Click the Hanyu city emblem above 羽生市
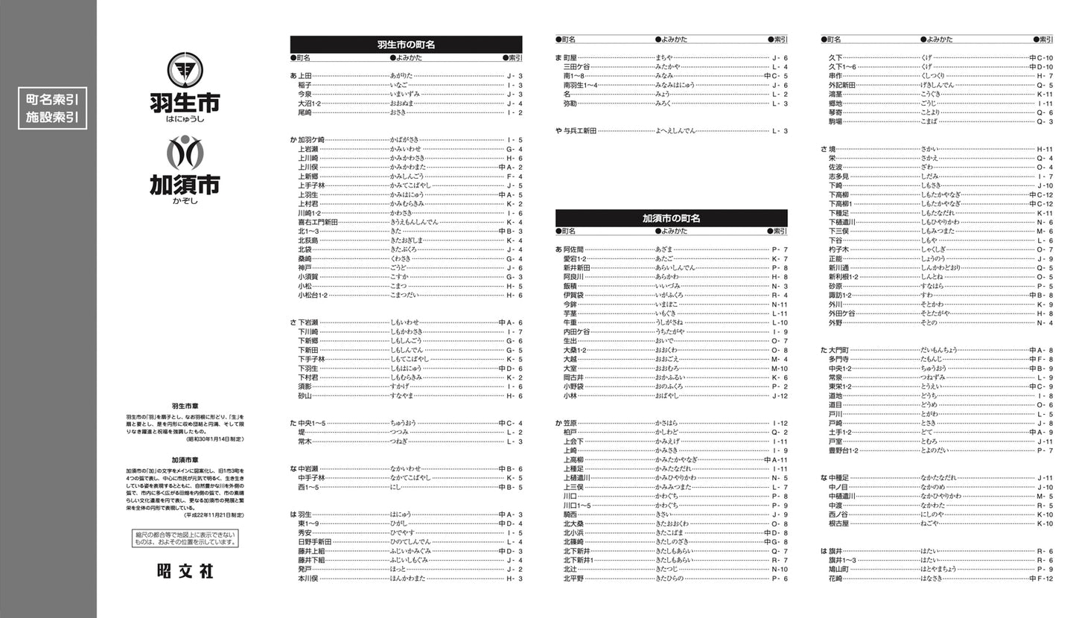pos(184,71)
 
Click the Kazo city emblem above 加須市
pos(184,152)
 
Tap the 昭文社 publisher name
pos(185,571)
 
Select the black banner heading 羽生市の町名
pos(406,45)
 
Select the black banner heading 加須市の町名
pos(671,218)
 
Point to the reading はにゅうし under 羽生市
pos(184,119)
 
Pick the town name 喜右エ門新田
pos(318,222)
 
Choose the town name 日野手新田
pos(314,542)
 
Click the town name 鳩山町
pos(838,569)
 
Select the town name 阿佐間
pos(573,249)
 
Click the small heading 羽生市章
pos(185,406)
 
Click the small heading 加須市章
pos(185,461)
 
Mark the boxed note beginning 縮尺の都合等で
pos(185,538)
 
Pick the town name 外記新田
pos(841,85)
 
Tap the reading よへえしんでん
pos(675,131)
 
